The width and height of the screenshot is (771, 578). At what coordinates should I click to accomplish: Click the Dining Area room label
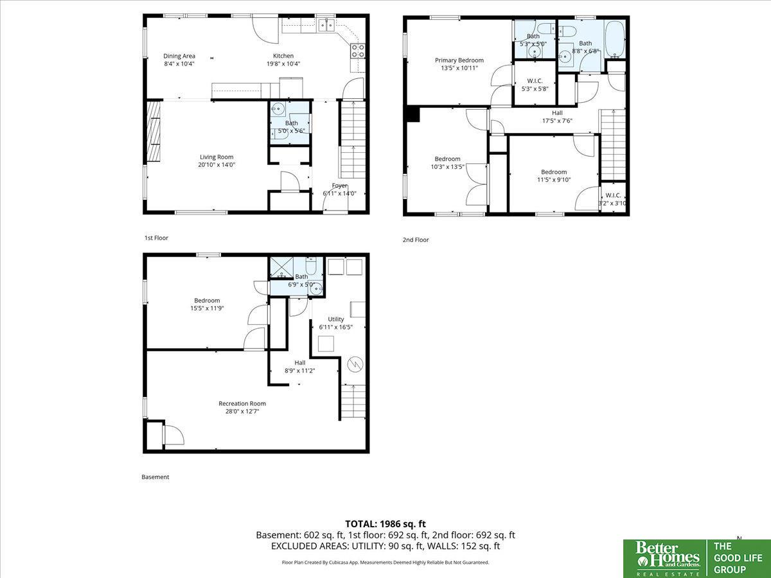(179, 56)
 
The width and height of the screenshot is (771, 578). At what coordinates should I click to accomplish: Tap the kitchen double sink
(326, 25)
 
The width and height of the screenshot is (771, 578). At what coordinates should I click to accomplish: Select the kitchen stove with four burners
(358, 51)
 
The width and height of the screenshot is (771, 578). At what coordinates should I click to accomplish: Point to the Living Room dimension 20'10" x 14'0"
(217, 164)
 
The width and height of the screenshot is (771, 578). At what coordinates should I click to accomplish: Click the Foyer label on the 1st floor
(340, 186)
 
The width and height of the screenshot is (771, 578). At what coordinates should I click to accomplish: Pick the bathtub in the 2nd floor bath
(615, 39)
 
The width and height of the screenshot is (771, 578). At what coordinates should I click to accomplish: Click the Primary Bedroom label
(459, 60)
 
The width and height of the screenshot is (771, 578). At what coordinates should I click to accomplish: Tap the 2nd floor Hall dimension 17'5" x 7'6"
(557, 121)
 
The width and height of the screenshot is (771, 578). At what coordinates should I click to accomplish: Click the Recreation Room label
(242, 403)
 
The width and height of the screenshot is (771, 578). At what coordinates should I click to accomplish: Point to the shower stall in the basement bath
(281, 267)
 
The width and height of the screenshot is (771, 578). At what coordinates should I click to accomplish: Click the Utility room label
(336, 319)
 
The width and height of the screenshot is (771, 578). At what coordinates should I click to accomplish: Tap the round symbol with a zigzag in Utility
(355, 364)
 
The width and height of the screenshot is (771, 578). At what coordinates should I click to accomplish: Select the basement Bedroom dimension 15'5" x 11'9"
(207, 308)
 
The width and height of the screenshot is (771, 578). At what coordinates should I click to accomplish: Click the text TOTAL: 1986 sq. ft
(385, 524)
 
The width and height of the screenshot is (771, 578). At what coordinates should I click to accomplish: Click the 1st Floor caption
(156, 238)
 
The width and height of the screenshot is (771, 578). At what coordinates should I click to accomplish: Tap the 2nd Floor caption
(416, 240)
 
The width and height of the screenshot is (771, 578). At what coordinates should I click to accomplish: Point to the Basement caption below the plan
(155, 477)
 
